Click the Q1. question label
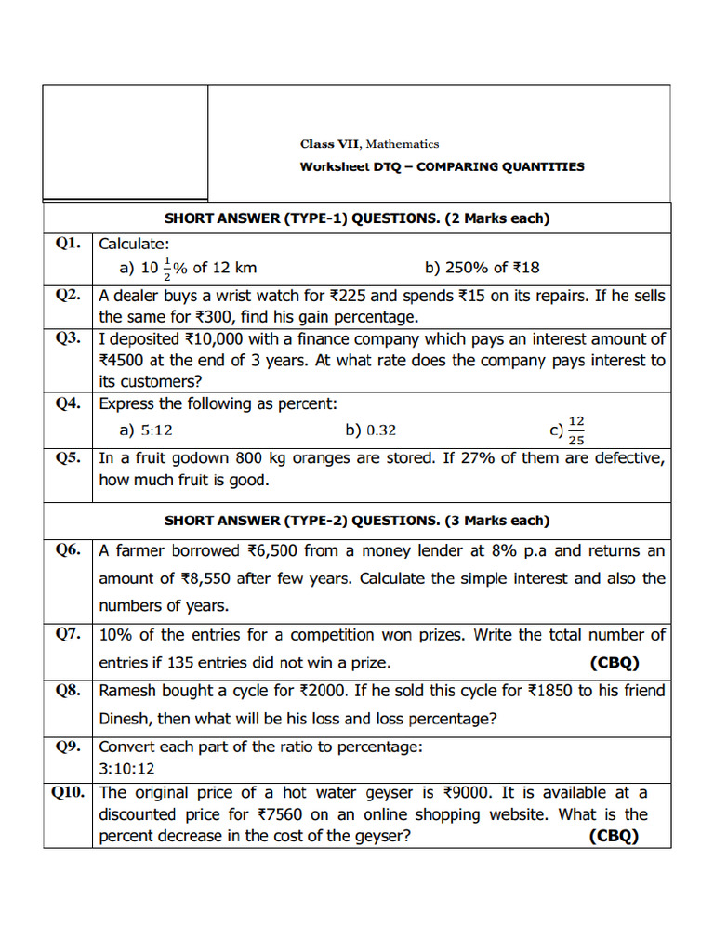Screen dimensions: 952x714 pos(67,244)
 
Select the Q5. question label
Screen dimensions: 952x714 pos(67,458)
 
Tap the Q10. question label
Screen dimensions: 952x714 pos(67,793)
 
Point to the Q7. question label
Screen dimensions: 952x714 pos(67,635)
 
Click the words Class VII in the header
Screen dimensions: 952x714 pos(330,144)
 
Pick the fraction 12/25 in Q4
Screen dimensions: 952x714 pos(576,430)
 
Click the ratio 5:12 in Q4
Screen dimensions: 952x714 pos(156,430)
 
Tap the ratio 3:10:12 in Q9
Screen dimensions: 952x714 pos(126,769)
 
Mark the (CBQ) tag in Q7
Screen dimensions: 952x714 pos(615,663)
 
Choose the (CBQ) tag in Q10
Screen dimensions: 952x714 pos(615,836)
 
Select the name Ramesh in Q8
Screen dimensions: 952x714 pos(127,691)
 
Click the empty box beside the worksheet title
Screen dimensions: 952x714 pos(125,141)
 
